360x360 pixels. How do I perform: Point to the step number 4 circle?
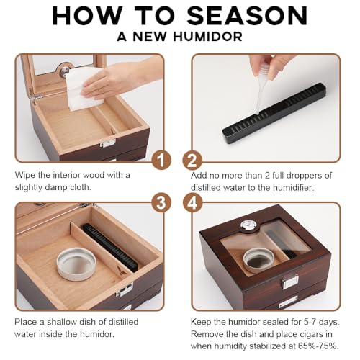(192, 202)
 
